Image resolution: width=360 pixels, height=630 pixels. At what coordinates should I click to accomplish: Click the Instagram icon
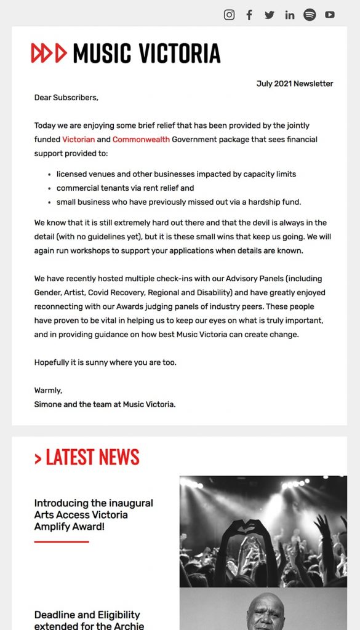coord(229,15)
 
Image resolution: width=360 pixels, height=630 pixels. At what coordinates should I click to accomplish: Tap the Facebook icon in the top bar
coord(249,15)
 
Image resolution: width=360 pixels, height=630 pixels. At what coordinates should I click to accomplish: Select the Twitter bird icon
coord(270,15)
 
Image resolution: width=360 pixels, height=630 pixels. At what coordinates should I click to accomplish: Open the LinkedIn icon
coord(290,15)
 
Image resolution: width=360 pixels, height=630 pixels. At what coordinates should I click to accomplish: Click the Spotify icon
coord(310,15)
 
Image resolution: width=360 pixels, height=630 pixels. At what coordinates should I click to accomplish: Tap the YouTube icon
coord(330,15)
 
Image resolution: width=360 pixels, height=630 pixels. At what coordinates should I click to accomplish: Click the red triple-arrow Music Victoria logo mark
coord(49,54)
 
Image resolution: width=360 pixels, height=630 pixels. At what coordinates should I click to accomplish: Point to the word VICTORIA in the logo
coord(179,54)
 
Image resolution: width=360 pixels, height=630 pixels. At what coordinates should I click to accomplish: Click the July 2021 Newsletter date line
coord(295,84)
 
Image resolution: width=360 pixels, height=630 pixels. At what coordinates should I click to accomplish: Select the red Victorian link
coord(79,140)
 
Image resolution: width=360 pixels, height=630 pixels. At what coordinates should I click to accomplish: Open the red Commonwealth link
coord(141,140)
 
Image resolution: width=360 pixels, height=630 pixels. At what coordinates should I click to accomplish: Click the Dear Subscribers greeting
coord(66,97)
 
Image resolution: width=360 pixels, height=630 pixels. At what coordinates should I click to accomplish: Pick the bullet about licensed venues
coord(176,174)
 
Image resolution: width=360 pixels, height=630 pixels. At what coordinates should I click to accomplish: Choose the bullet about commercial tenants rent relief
coord(125,188)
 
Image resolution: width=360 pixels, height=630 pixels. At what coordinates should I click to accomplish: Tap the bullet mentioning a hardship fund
coord(178,202)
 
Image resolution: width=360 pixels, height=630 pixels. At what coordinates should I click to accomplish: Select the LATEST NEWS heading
coord(87,457)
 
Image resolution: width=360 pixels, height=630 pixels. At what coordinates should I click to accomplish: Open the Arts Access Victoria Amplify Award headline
coord(94,514)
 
